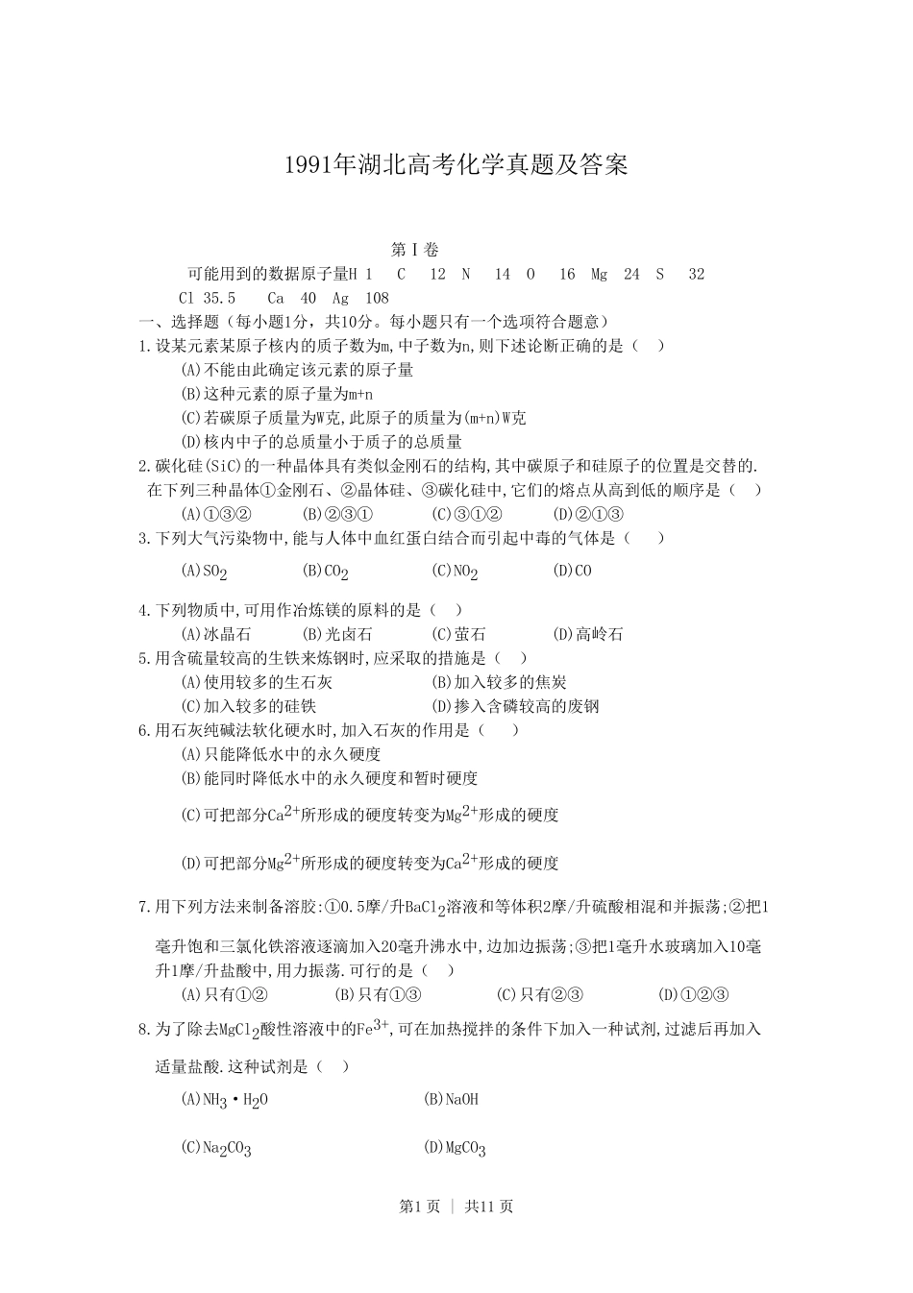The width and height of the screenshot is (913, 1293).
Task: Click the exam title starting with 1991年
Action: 456,165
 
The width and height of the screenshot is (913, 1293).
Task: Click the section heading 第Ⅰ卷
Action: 414,250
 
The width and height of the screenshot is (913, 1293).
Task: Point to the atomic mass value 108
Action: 377,298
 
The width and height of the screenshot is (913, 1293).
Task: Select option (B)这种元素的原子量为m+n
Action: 277,394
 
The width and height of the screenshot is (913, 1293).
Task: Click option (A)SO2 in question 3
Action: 204,572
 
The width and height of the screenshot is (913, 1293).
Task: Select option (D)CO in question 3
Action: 573,571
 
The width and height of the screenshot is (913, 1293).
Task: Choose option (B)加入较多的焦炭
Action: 499,682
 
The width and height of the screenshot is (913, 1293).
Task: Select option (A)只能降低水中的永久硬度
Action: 281,754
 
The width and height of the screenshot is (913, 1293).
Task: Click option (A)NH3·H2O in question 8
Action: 225,1100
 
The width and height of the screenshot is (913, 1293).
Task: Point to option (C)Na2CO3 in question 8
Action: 216,1147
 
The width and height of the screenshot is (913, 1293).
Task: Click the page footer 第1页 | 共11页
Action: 456,1207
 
